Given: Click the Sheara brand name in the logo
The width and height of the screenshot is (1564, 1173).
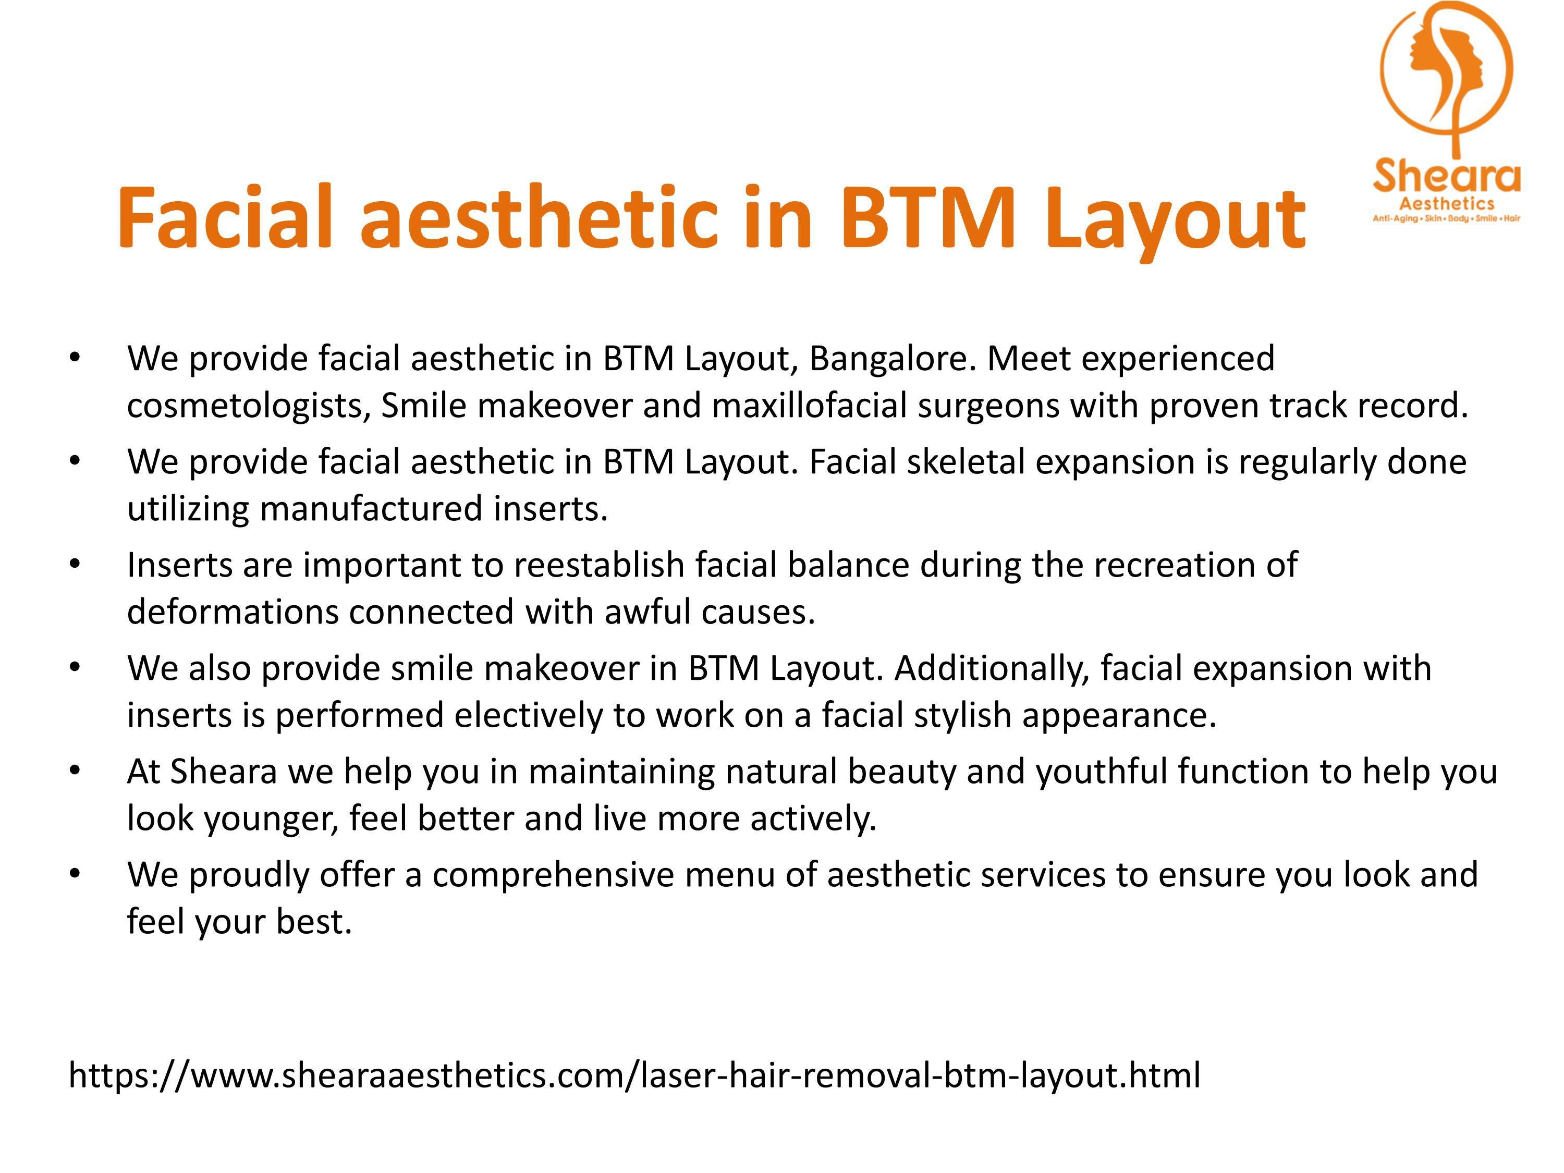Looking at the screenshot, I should click(1446, 177).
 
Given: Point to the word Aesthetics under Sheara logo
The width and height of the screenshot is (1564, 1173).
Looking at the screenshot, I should click(1447, 204).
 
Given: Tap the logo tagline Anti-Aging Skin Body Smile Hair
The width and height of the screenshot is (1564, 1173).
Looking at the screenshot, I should click(1447, 218).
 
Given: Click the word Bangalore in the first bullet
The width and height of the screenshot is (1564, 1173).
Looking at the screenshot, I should click(893, 359).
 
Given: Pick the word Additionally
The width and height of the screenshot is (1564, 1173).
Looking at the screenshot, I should click(992, 668).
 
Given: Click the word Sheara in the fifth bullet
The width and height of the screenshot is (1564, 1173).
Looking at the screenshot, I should click(224, 772).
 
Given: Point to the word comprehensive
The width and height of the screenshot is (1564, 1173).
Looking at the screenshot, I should click(553, 875).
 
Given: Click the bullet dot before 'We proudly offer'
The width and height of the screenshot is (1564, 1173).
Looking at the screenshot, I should click(75, 874).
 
